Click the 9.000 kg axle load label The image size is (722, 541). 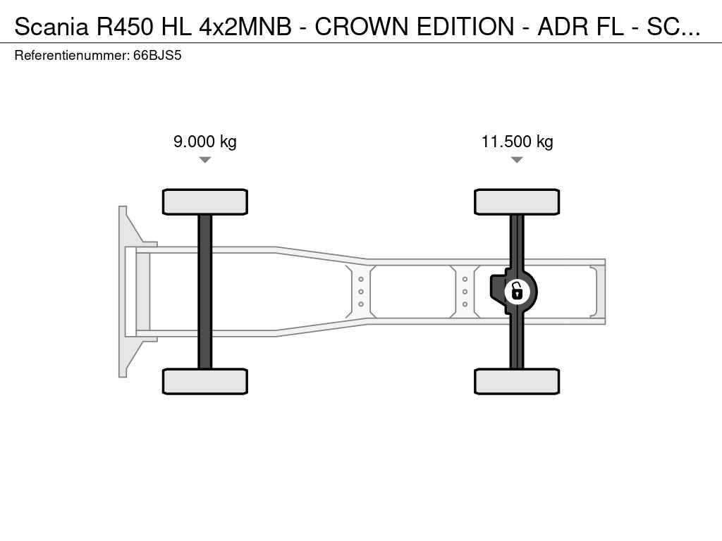pyautogui.click(x=205, y=142)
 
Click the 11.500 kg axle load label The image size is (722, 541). pyautogui.click(x=517, y=142)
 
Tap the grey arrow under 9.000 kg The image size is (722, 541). pyautogui.click(x=205, y=160)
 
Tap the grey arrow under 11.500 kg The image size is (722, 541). pyautogui.click(x=517, y=160)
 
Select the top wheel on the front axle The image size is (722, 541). pyautogui.click(x=205, y=202)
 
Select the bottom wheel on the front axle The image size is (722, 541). pyautogui.click(x=205, y=381)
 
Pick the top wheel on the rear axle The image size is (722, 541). pyautogui.click(x=517, y=202)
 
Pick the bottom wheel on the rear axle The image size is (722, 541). pyautogui.click(x=517, y=381)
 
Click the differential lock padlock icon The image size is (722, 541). pyautogui.click(x=517, y=292)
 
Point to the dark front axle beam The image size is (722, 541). pyautogui.click(x=205, y=292)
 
